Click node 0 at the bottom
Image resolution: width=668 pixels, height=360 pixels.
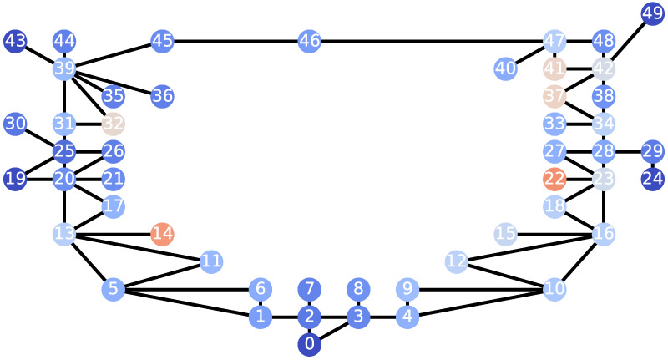click(309, 344)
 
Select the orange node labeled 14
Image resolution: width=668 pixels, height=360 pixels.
click(162, 234)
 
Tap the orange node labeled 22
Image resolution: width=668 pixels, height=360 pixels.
click(554, 179)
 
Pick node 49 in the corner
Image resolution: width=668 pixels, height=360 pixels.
click(652, 13)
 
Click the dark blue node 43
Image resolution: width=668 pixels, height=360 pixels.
click(15, 40)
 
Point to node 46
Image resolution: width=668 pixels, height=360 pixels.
click(309, 40)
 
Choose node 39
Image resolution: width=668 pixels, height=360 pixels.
click(64, 68)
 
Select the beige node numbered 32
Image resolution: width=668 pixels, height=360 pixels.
click(113, 124)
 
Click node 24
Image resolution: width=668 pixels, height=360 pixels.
click(652, 179)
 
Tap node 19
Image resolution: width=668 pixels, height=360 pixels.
click(15, 179)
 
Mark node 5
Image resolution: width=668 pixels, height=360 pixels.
click(113, 290)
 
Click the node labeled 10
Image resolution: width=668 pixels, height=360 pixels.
click(554, 290)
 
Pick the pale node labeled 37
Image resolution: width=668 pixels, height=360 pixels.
click(554, 96)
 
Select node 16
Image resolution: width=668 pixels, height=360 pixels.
click(604, 234)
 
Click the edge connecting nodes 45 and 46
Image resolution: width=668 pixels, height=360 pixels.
click(235, 40)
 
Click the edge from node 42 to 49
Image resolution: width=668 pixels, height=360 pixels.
click(628, 41)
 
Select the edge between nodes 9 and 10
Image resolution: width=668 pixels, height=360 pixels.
click(480, 290)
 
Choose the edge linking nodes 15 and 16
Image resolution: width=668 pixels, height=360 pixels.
click(554, 234)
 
